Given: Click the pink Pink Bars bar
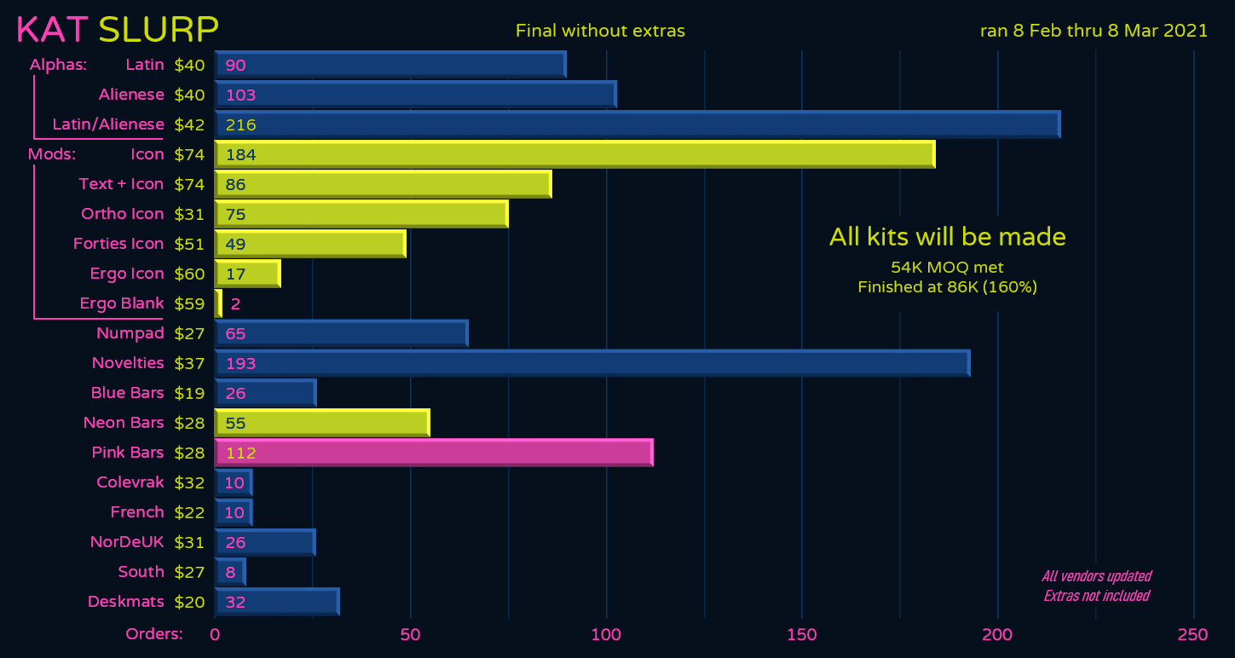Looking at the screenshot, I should tap(434, 453).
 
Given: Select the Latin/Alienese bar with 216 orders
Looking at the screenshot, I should tap(638, 124).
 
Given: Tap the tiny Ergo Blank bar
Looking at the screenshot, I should tap(218, 303).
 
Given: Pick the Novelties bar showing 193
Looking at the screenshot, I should tap(592, 363).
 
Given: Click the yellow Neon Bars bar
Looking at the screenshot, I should tap(322, 423).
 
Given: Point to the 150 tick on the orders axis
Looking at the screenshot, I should tap(802, 635).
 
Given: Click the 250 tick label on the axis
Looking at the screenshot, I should tap(1192, 635).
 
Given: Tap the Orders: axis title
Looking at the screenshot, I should tap(154, 634).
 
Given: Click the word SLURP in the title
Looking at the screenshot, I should tap(159, 30).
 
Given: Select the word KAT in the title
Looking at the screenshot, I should tap(52, 30).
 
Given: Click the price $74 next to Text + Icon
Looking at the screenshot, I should tap(189, 184).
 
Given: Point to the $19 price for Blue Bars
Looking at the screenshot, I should tap(189, 393).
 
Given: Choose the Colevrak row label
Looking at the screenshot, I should tap(130, 482).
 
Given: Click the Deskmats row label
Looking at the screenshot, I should tap(125, 602).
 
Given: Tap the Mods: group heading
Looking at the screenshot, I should tap(52, 154).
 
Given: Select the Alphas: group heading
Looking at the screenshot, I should tap(58, 65).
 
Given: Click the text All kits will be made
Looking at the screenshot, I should tap(947, 237).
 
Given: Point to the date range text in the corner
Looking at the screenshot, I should tap(1094, 31).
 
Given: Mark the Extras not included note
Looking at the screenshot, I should tap(1096, 596).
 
